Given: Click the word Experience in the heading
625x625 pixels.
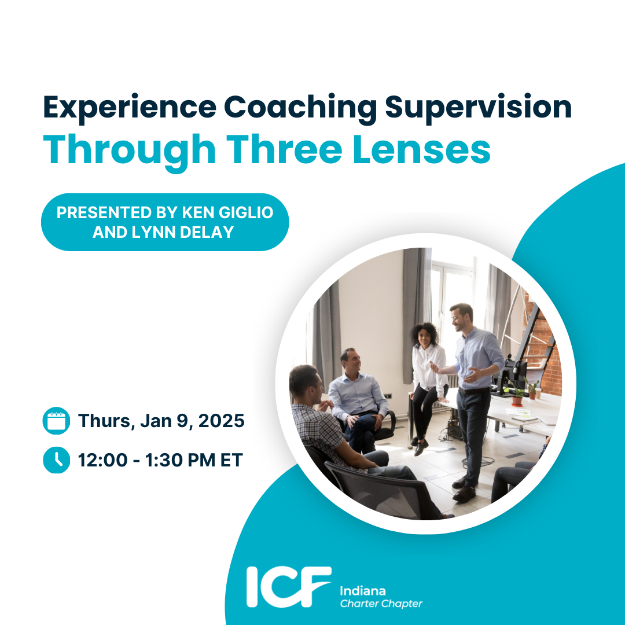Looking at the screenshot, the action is [130, 108].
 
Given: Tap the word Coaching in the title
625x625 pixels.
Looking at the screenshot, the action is [300, 108].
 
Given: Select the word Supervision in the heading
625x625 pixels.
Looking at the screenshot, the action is [478, 108].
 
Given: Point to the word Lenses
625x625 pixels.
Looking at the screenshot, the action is [422, 150].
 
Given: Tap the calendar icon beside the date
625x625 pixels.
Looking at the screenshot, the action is [56, 421].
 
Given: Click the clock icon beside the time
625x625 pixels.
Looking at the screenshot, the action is [56, 460].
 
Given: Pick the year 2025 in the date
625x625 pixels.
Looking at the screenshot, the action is [222, 421].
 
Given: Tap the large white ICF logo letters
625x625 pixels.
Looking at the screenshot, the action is [289, 587].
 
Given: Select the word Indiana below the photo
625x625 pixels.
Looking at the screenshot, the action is [363, 591].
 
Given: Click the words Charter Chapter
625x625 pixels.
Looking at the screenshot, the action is [381, 604].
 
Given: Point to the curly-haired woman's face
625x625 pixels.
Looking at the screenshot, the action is [424, 339].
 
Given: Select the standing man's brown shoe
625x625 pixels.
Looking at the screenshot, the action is [464, 494].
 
